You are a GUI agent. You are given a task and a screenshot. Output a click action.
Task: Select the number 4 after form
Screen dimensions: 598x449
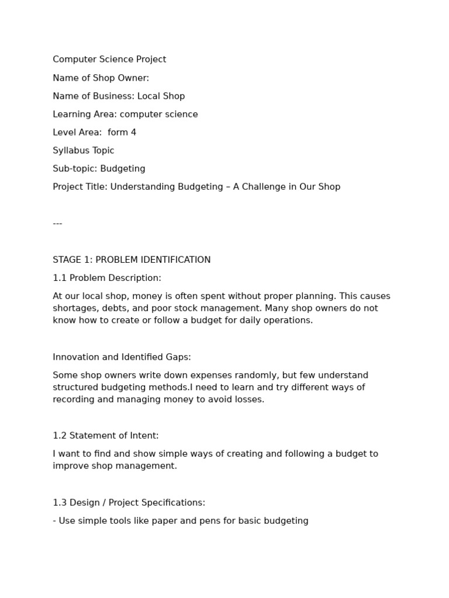pos(134,133)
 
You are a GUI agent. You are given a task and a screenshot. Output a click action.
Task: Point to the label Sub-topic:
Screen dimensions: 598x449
pos(75,169)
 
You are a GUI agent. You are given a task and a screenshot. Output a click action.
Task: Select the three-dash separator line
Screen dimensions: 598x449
pos(57,224)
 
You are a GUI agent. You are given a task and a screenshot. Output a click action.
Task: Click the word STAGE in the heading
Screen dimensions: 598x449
pos(68,260)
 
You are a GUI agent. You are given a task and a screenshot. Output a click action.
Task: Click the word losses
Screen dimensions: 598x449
pos(249,399)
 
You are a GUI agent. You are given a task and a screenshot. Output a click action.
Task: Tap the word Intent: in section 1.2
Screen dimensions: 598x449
pos(143,436)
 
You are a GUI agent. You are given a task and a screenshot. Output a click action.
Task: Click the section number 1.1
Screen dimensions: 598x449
pos(60,278)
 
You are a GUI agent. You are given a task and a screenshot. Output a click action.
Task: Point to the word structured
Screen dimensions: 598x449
pos(76,387)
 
